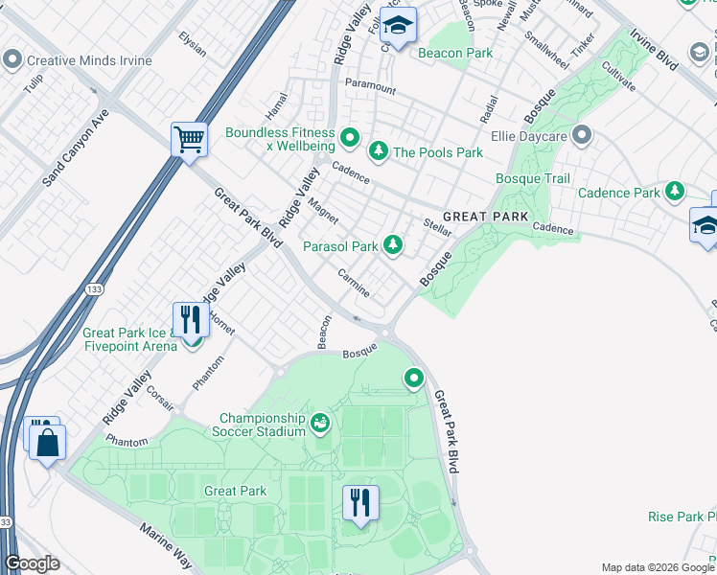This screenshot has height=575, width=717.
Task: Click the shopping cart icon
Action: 189,139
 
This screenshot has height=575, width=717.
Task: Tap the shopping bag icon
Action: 45,443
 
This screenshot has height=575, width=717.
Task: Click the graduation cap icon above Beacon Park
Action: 398,24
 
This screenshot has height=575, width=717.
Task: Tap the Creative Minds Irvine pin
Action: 12,60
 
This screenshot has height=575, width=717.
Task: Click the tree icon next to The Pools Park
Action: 379,151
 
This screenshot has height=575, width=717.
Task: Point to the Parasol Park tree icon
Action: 392,246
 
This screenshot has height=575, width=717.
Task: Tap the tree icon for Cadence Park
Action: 675,193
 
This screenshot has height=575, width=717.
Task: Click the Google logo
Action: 32,563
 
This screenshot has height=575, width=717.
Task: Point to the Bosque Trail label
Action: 532,179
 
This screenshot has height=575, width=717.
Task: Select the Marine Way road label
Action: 168,545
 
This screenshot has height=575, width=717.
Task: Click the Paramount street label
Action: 370,87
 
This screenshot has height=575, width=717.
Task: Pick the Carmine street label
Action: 353,282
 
